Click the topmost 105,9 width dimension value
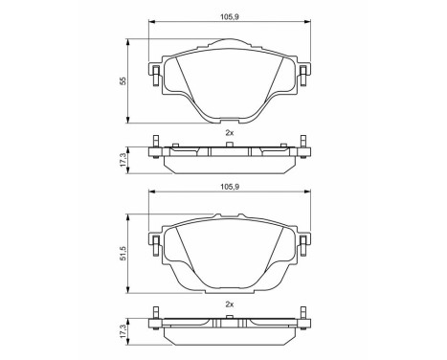[x=227, y=14]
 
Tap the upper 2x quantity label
[x=228, y=132]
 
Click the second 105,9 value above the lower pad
[x=227, y=188]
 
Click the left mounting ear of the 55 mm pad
[x=154, y=75]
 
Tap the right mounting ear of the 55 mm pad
[x=302, y=75]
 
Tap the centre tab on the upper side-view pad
[x=228, y=145]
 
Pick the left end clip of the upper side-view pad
[x=154, y=149]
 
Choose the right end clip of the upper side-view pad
[x=302, y=149]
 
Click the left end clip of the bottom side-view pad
[x=154, y=321]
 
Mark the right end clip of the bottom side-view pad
[x=302, y=321]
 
